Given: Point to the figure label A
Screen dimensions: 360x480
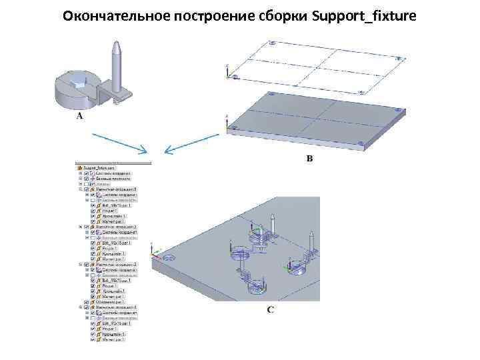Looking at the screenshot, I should pos(80,116).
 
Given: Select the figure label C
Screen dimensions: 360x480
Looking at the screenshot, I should pos(270,310).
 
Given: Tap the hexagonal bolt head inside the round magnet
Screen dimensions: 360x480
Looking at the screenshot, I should pos(79,85).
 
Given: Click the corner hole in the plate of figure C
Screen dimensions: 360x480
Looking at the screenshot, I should pos(167,257).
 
